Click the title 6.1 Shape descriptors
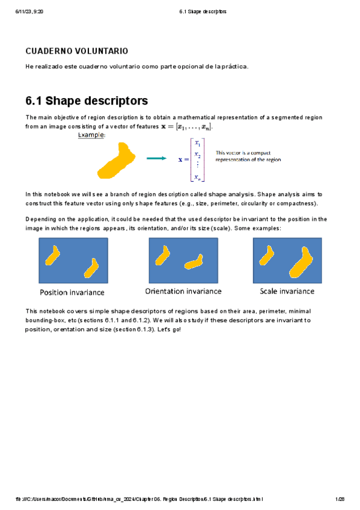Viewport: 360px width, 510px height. click(x=87, y=100)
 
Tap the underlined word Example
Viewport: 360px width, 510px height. click(x=91, y=136)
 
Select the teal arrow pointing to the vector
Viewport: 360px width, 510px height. click(x=156, y=159)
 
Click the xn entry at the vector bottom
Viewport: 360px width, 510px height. click(x=198, y=177)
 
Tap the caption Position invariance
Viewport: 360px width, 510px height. click(x=72, y=292)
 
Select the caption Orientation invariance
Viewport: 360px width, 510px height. click(x=183, y=291)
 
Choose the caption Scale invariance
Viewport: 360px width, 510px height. click(x=287, y=291)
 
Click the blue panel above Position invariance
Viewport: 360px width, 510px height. click(x=73, y=261)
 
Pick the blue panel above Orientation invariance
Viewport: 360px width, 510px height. click(x=183, y=260)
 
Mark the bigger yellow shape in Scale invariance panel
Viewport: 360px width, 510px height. click(x=301, y=263)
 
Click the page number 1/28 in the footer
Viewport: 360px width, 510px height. click(x=340, y=499)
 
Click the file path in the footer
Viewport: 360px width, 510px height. click(x=139, y=499)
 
